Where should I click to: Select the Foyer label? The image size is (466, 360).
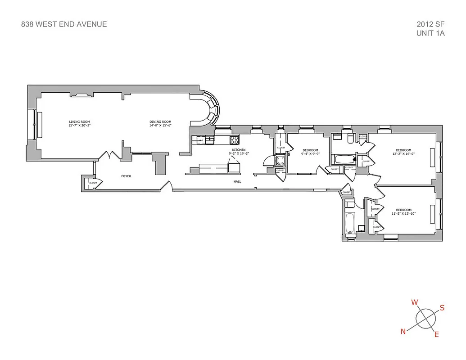127,176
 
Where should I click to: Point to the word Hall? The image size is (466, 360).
237,181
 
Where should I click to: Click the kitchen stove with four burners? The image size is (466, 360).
234,140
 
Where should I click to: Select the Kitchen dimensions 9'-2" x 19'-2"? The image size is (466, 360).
239,153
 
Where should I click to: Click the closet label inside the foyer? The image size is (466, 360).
93,183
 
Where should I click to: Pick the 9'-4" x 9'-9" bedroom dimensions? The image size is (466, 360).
310,154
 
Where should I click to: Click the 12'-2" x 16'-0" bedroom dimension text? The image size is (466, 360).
403,154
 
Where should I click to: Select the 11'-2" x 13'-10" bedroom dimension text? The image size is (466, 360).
403,214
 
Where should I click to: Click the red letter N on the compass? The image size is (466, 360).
403,332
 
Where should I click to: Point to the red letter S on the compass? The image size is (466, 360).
442,308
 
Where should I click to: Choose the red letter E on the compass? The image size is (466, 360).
436,334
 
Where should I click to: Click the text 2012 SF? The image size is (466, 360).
430,24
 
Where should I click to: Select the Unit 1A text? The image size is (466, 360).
431,33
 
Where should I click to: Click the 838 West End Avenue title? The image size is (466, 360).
64,24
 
